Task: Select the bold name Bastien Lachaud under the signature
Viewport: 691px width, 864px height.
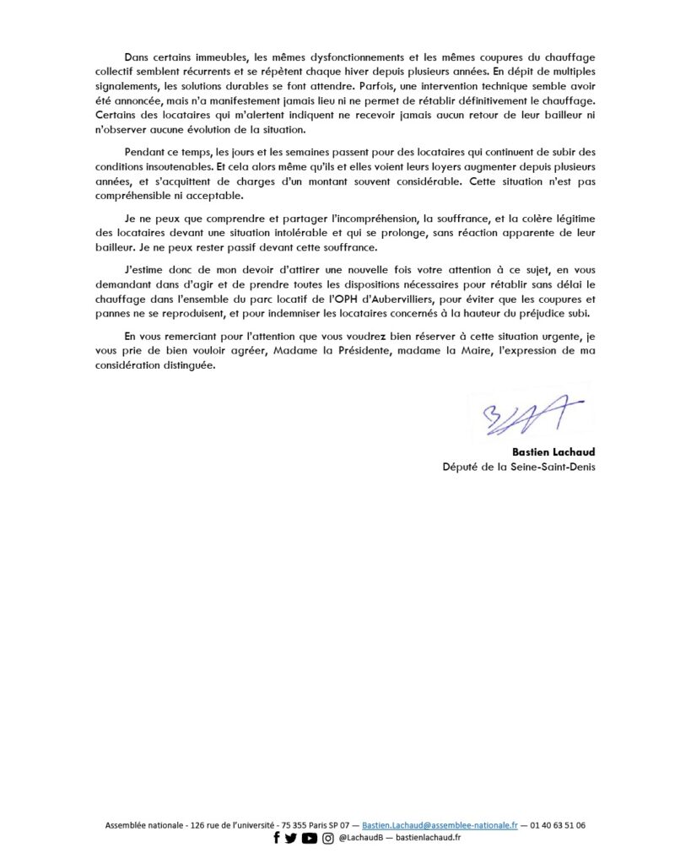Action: [x=553, y=452]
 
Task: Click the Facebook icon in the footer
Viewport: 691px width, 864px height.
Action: [x=276, y=838]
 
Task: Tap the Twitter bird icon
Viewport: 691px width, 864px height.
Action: [x=291, y=838]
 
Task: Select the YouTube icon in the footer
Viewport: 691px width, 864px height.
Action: [x=309, y=838]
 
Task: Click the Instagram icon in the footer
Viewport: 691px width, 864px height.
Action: [x=327, y=838]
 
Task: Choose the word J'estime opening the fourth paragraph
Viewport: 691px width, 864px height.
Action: [x=143, y=269]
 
